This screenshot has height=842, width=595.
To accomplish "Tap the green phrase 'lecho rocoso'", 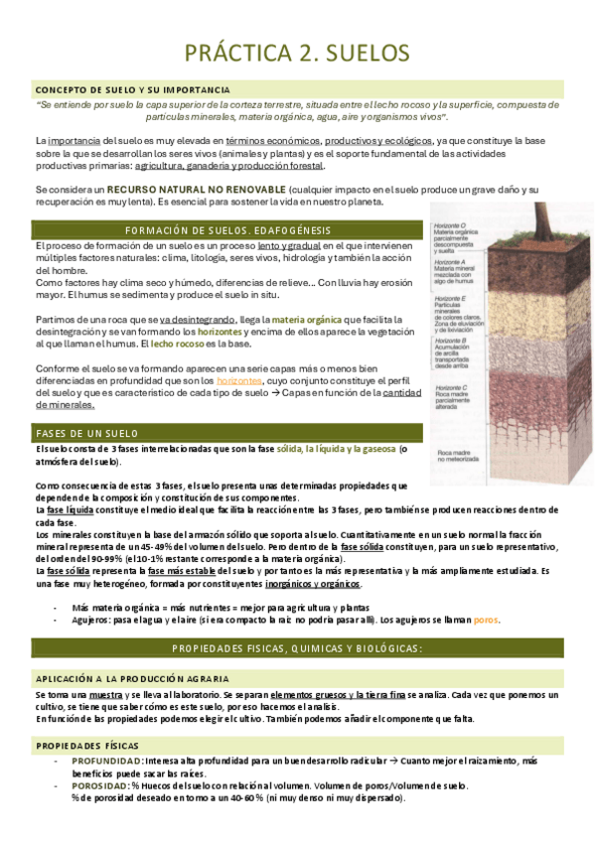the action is [x=174, y=343].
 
